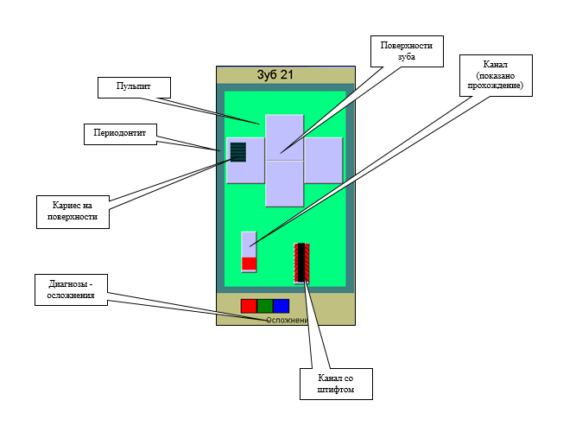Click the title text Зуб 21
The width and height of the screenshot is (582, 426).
(275, 75)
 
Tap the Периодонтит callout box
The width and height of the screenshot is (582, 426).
(120, 135)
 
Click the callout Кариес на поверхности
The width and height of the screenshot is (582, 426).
(74, 212)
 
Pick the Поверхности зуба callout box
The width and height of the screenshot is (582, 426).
(406, 50)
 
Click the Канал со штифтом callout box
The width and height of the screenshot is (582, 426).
(337, 385)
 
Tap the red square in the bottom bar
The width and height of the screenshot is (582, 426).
(249, 305)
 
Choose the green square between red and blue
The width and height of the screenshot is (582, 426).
(265, 305)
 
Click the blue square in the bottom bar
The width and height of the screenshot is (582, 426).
(281, 305)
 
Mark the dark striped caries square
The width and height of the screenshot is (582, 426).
(238, 153)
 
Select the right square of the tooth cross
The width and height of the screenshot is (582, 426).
(324, 161)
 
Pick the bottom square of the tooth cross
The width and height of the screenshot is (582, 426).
(284, 184)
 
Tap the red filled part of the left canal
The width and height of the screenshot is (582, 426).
(249, 264)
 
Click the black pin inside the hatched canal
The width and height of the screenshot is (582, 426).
(301, 262)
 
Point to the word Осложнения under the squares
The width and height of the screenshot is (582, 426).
(287, 321)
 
